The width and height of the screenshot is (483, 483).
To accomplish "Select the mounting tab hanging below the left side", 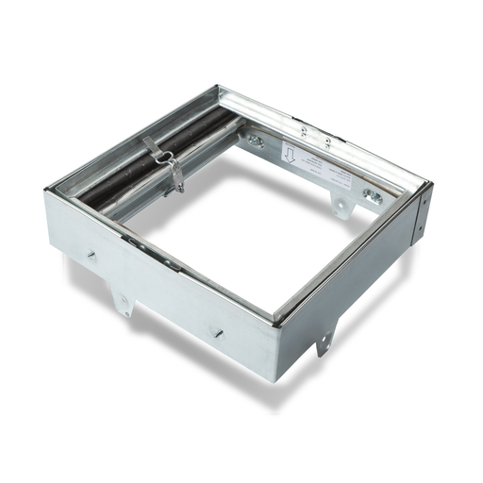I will [124, 301].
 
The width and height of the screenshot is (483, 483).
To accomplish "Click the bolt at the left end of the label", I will [256, 141].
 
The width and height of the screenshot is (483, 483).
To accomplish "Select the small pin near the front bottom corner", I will [216, 331].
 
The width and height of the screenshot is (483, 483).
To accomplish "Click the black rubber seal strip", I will [142, 170].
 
